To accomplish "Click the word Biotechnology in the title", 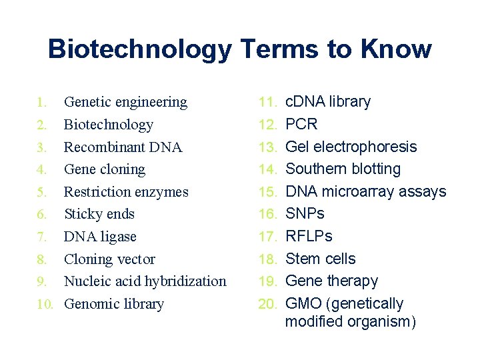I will pyautogui.click(x=139, y=50).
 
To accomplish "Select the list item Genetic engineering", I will pyautogui.click(x=125, y=103).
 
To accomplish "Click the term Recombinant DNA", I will pyautogui.click(x=123, y=147).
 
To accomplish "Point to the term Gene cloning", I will pyautogui.click(x=104, y=170).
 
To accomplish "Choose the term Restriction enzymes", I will pyautogui.click(x=126, y=192).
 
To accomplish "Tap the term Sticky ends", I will pyautogui.click(x=99, y=215).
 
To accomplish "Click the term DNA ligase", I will pyautogui.click(x=100, y=237).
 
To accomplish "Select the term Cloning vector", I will pyautogui.click(x=109, y=259).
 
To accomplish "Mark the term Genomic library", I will pyautogui.click(x=113, y=304).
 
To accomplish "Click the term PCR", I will pyautogui.click(x=301, y=125).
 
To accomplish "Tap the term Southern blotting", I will pyautogui.click(x=343, y=169).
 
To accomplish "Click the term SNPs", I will pyautogui.click(x=305, y=214).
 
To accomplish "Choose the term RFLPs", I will pyautogui.click(x=308, y=237).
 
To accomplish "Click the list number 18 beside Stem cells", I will pyautogui.click(x=268, y=259).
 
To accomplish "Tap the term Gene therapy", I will pyautogui.click(x=331, y=281).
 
